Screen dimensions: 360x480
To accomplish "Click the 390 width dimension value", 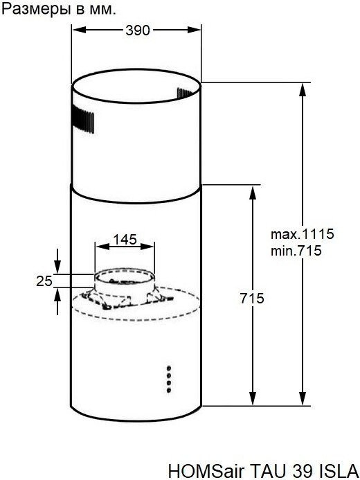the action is point(137,30).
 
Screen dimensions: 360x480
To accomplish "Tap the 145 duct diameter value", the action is point(125,240).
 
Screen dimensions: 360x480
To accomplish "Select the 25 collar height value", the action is point(44,281).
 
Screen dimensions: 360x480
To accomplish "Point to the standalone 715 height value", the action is point(252,298).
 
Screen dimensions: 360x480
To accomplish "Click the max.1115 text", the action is point(302,234).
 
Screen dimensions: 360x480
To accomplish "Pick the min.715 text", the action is point(296,251).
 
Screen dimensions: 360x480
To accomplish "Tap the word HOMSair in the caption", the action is point(207,470).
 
